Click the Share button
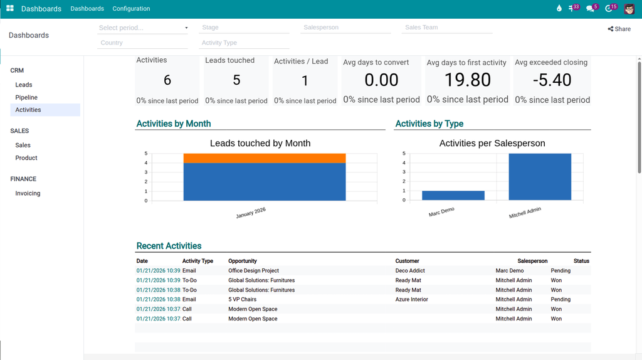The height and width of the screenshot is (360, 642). pyautogui.click(x=619, y=29)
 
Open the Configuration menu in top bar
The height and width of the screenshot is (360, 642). pyautogui.click(x=131, y=9)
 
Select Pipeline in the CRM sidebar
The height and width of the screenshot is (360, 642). pyautogui.click(x=26, y=97)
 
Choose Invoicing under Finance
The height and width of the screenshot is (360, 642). pyautogui.click(x=28, y=193)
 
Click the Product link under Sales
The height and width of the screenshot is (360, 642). pyautogui.click(x=26, y=158)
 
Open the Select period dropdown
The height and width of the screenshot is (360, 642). pyautogui.click(x=143, y=28)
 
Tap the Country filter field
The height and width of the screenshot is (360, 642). pyautogui.click(x=143, y=43)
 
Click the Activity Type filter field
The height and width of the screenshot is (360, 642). pyautogui.click(x=245, y=43)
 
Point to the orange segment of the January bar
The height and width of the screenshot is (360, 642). pyautogui.click(x=264, y=158)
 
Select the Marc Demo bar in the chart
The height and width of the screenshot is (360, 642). pyautogui.click(x=453, y=195)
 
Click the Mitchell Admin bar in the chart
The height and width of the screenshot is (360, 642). pyautogui.click(x=539, y=177)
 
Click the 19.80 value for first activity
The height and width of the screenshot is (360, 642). pyautogui.click(x=468, y=80)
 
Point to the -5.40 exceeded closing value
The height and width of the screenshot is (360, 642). pyautogui.click(x=552, y=80)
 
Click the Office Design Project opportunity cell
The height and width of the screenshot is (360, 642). pyautogui.click(x=253, y=271)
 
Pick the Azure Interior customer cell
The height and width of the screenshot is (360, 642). pyautogui.click(x=411, y=300)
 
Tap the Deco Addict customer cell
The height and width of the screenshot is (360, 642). pyautogui.click(x=410, y=271)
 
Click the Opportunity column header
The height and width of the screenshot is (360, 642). pyautogui.click(x=243, y=261)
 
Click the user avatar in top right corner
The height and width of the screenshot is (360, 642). pyautogui.click(x=629, y=9)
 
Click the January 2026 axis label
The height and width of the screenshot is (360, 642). pyautogui.click(x=251, y=213)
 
